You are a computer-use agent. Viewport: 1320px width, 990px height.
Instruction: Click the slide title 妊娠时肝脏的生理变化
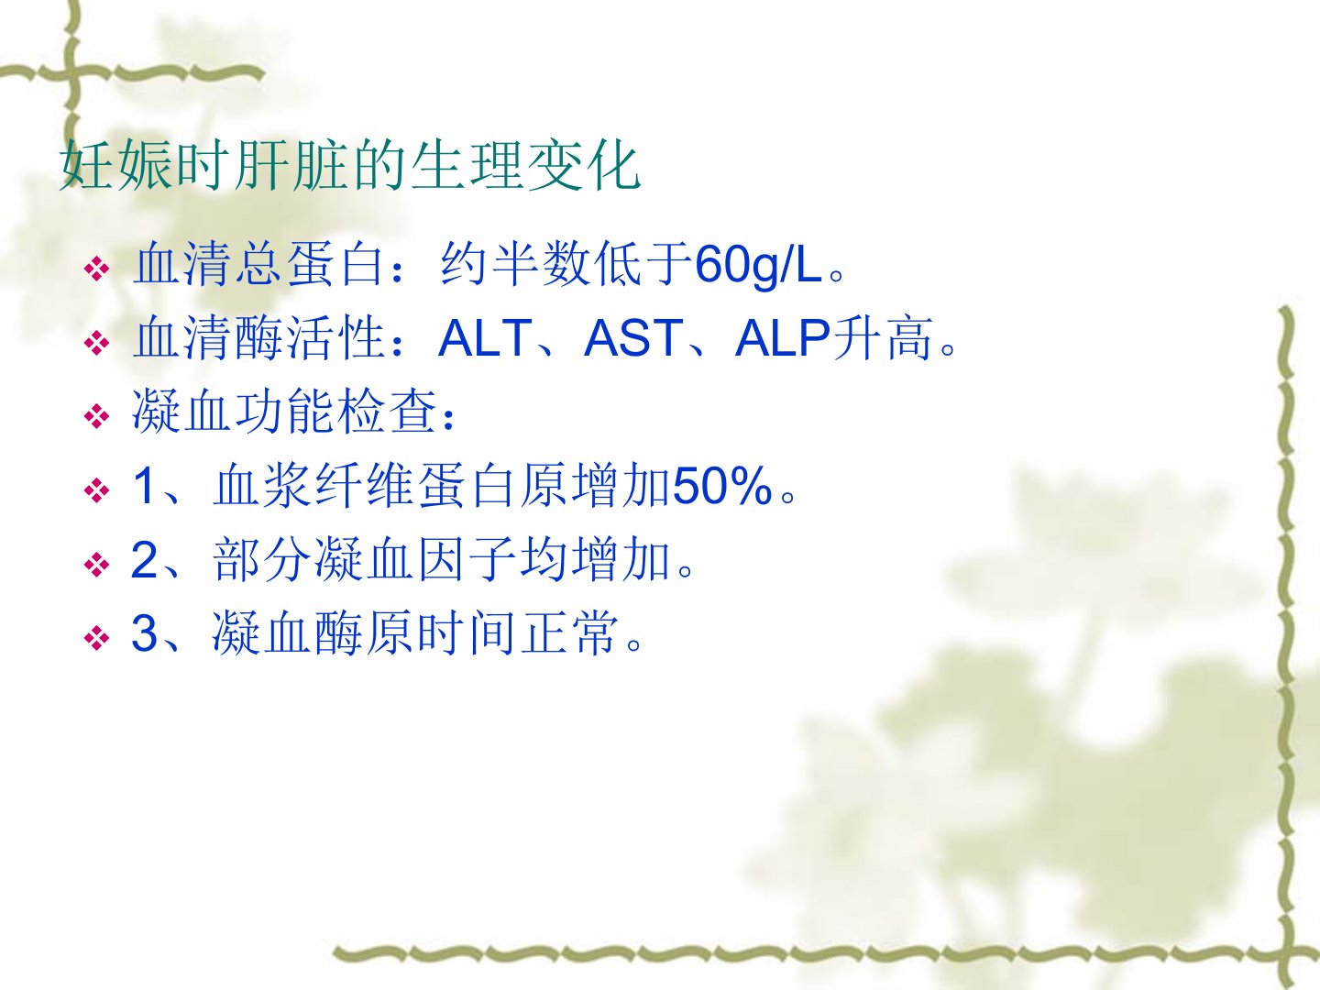point(350,165)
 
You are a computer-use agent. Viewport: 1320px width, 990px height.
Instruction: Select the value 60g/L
point(758,265)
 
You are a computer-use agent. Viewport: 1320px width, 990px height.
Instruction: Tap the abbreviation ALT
point(485,338)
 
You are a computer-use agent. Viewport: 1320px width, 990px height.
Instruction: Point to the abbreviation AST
point(633,338)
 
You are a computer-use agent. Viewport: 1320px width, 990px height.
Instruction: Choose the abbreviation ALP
point(783,338)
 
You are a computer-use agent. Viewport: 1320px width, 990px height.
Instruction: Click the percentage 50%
point(722,485)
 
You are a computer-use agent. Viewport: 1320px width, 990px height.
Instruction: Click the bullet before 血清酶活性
point(97,343)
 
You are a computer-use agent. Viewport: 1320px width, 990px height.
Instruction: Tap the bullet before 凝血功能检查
point(97,416)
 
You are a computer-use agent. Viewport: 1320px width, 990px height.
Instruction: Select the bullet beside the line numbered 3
point(97,637)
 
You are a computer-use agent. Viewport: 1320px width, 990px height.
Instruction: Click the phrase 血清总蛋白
point(258,265)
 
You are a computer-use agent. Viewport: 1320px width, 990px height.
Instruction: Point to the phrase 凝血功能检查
point(284,412)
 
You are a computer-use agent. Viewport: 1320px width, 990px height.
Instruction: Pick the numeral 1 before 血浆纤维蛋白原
point(144,485)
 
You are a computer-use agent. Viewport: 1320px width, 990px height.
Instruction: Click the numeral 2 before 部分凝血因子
point(144,559)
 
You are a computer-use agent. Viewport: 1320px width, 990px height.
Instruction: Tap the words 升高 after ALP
point(883,338)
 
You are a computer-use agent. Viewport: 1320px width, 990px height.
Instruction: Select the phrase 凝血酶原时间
point(363,632)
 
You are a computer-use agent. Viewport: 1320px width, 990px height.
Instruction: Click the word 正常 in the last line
point(569,632)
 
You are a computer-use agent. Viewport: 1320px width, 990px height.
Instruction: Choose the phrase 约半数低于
point(566,265)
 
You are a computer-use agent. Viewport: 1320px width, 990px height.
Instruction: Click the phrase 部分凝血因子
point(365,559)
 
